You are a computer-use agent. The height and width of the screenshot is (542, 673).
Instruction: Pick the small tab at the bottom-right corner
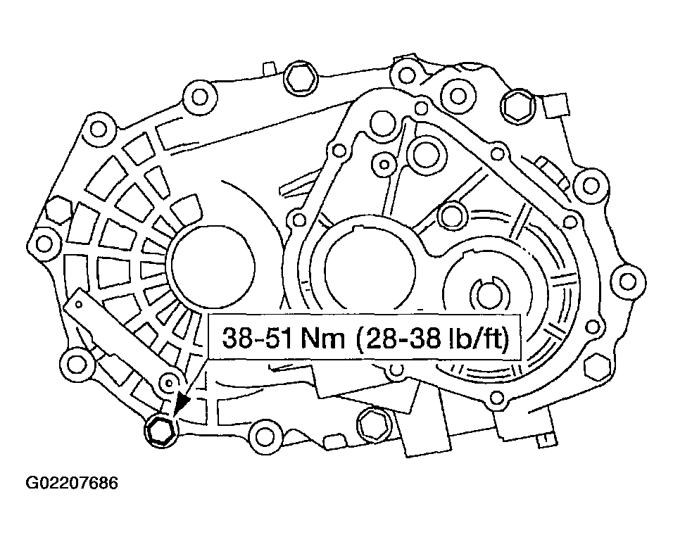[542, 439]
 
